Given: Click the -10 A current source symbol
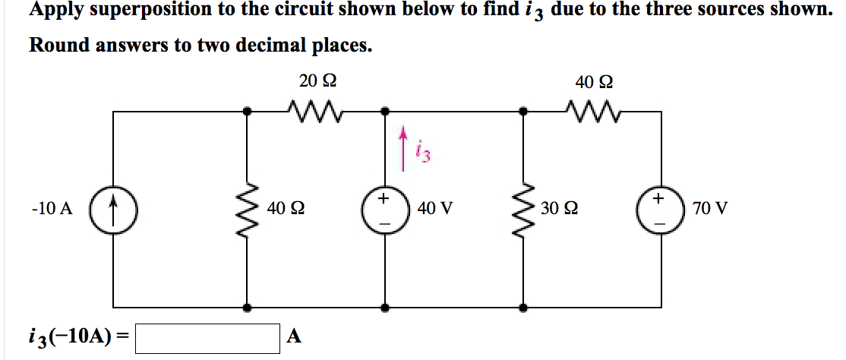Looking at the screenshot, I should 113,208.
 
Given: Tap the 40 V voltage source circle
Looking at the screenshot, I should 385,208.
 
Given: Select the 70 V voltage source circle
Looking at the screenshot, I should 660,208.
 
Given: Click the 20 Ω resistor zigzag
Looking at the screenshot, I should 314,112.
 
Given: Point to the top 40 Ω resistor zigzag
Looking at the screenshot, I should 592,112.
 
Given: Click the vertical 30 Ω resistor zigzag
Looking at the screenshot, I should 522,208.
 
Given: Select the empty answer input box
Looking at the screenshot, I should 207,337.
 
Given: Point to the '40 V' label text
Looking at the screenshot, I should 435,208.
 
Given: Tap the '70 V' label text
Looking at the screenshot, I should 710,208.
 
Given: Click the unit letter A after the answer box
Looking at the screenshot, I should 295,337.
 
